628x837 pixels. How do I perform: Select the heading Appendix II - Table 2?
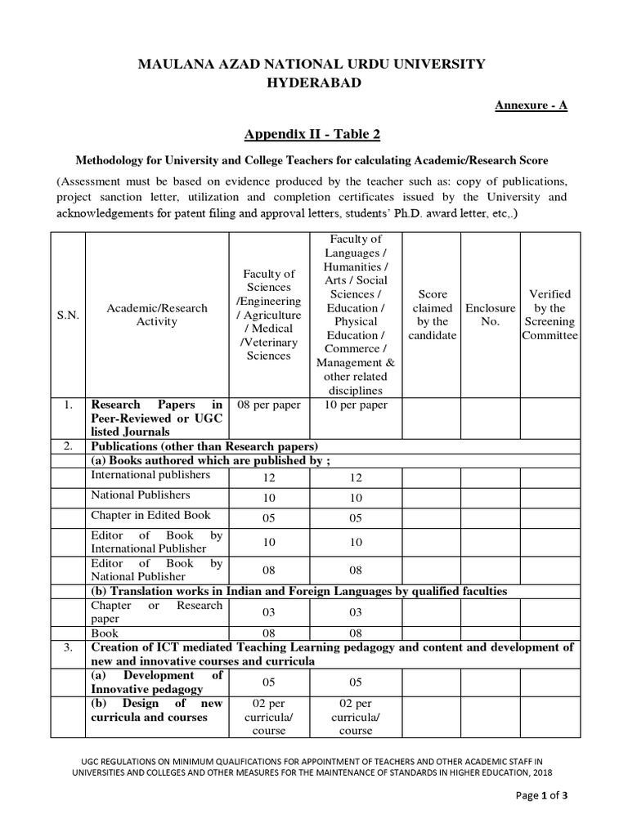(312, 134)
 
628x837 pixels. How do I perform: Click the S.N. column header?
(68, 315)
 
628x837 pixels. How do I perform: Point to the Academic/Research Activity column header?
(156, 315)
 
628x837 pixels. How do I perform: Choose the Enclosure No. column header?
(490, 315)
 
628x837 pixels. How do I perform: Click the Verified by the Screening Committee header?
(549, 315)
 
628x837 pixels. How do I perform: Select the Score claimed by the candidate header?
(432, 315)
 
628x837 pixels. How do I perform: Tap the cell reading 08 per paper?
(268, 405)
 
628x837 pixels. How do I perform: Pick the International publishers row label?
(146, 475)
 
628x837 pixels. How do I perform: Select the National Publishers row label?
(140, 495)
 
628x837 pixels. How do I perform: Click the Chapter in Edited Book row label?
(150, 515)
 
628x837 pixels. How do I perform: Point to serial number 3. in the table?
(69, 647)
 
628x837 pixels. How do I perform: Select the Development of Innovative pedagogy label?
(156, 683)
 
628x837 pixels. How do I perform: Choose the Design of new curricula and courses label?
(156, 709)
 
